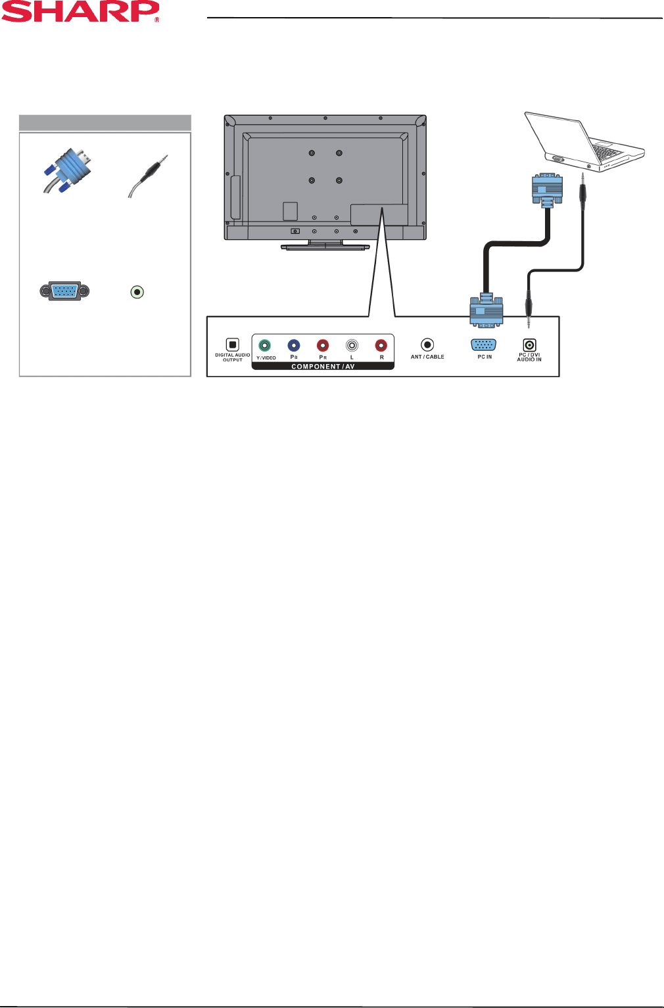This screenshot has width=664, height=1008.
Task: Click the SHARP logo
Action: pos(80,12)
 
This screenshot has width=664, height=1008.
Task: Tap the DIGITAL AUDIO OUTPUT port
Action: pos(232,344)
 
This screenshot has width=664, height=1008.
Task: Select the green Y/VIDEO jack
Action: pos(264,345)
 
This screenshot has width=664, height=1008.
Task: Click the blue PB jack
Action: pos(294,345)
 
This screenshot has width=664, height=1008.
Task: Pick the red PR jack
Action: pos(323,345)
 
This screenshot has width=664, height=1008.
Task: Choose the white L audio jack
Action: pos(352,345)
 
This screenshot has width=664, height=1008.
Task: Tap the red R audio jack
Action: pos(381,345)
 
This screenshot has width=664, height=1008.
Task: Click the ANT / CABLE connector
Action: pos(427,344)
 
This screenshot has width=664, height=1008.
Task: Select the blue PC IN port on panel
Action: pos(484,344)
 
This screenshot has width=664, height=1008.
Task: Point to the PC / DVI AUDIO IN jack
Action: pos(529,344)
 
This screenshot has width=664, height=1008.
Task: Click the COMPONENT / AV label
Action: pos(323,367)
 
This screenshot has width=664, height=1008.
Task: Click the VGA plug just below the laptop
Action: pos(547,189)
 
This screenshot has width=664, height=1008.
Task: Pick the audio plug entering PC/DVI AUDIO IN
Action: pos(529,306)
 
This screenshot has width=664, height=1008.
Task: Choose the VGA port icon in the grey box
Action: pos(64,291)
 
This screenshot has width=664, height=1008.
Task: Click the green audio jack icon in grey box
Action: pos(137,292)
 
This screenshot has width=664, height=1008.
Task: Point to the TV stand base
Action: pos(325,247)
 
